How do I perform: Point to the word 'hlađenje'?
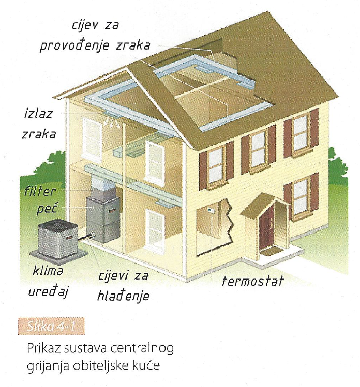[123, 296]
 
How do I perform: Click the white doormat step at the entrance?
[275, 253]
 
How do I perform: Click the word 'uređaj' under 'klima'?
[48, 291]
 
